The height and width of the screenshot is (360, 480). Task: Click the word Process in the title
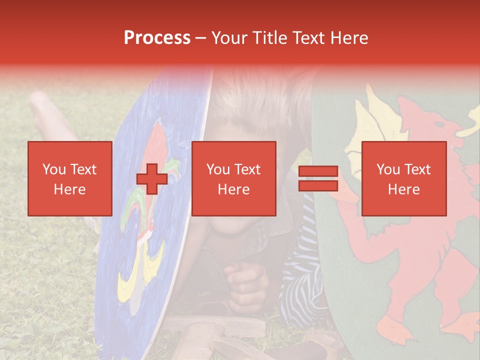click(157, 38)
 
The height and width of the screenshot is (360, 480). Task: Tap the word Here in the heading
click(348, 38)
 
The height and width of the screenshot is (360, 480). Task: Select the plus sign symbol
click(152, 178)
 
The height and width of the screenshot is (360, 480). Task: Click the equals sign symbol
click(318, 178)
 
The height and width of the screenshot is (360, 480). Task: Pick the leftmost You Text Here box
click(69, 178)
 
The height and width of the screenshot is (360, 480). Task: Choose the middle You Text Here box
click(233, 178)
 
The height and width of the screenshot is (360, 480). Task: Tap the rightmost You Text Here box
click(403, 178)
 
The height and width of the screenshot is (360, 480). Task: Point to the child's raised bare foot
click(42, 105)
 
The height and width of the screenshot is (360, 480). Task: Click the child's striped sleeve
click(300, 280)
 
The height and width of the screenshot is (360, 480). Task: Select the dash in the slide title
click(201, 38)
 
